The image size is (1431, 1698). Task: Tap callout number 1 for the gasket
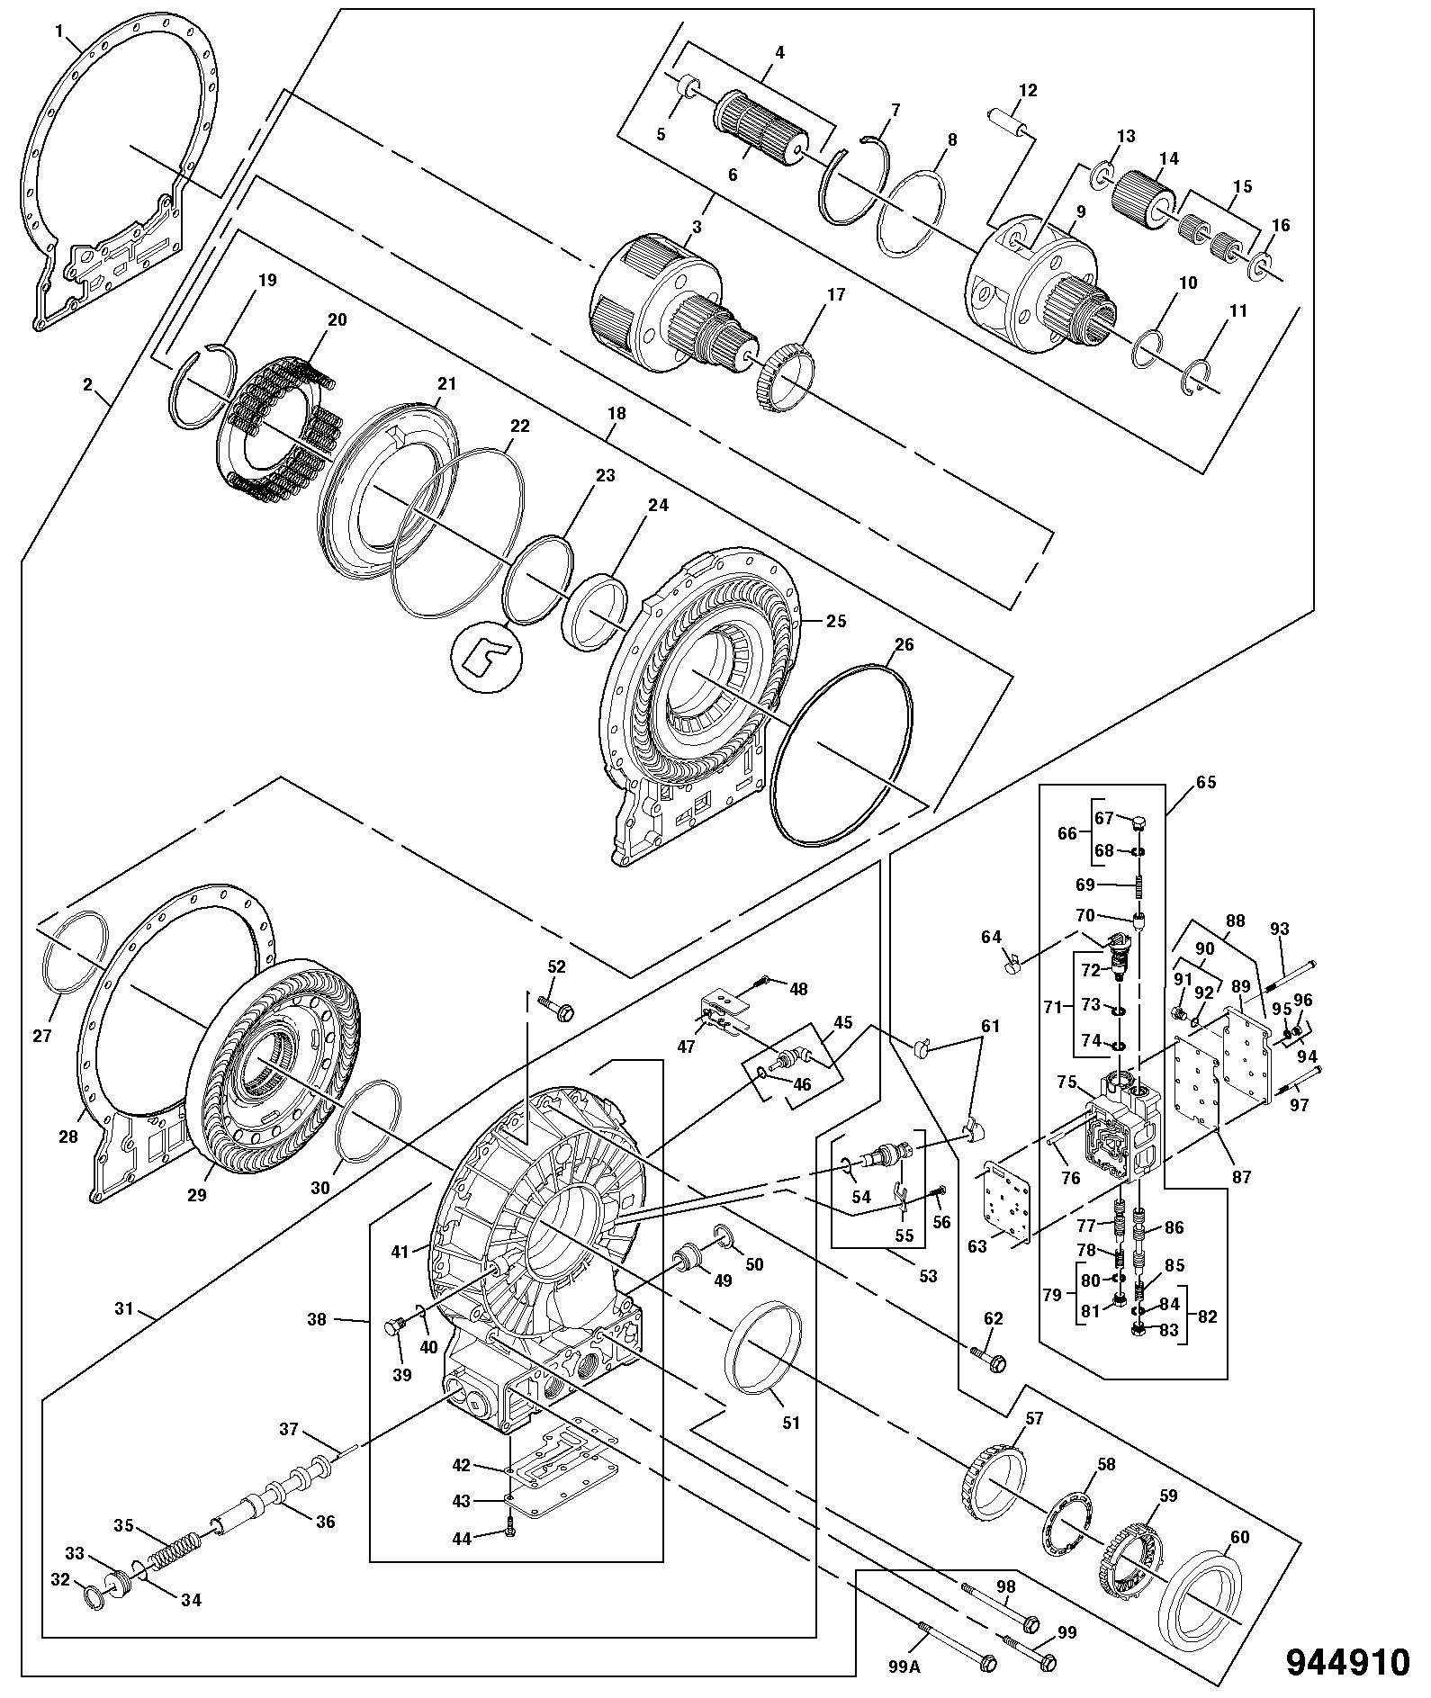click(x=59, y=31)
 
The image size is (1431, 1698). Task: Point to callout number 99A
click(x=903, y=1664)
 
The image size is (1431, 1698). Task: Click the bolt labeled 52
click(x=558, y=1008)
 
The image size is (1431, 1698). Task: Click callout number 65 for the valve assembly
click(x=1205, y=782)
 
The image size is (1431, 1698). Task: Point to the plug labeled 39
click(x=395, y=1327)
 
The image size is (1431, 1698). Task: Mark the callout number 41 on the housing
click(x=400, y=1251)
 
